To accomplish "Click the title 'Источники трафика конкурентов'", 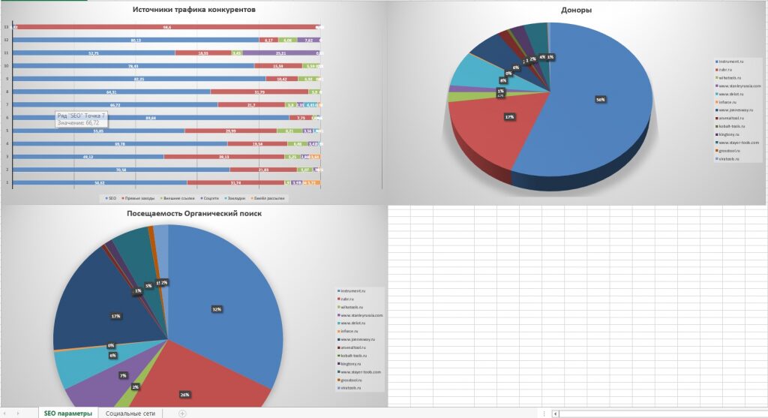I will click(x=193, y=11).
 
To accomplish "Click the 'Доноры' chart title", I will click(x=576, y=11).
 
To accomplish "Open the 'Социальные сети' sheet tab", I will click(x=130, y=413).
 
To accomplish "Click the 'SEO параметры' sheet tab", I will click(x=68, y=413).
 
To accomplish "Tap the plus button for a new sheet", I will click(x=182, y=413).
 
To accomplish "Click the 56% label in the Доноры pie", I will click(x=600, y=99).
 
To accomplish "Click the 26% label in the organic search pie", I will click(x=184, y=395).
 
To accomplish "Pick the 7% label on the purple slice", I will click(x=122, y=374).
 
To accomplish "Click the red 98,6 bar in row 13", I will click(x=166, y=27).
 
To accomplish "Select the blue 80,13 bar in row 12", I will click(x=136, y=40).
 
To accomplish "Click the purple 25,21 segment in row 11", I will click(x=281, y=53).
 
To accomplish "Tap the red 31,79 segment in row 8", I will click(x=259, y=92).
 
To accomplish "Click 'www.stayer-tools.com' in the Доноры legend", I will click(x=739, y=143).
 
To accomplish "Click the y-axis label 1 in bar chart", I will click(x=7, y=182).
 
